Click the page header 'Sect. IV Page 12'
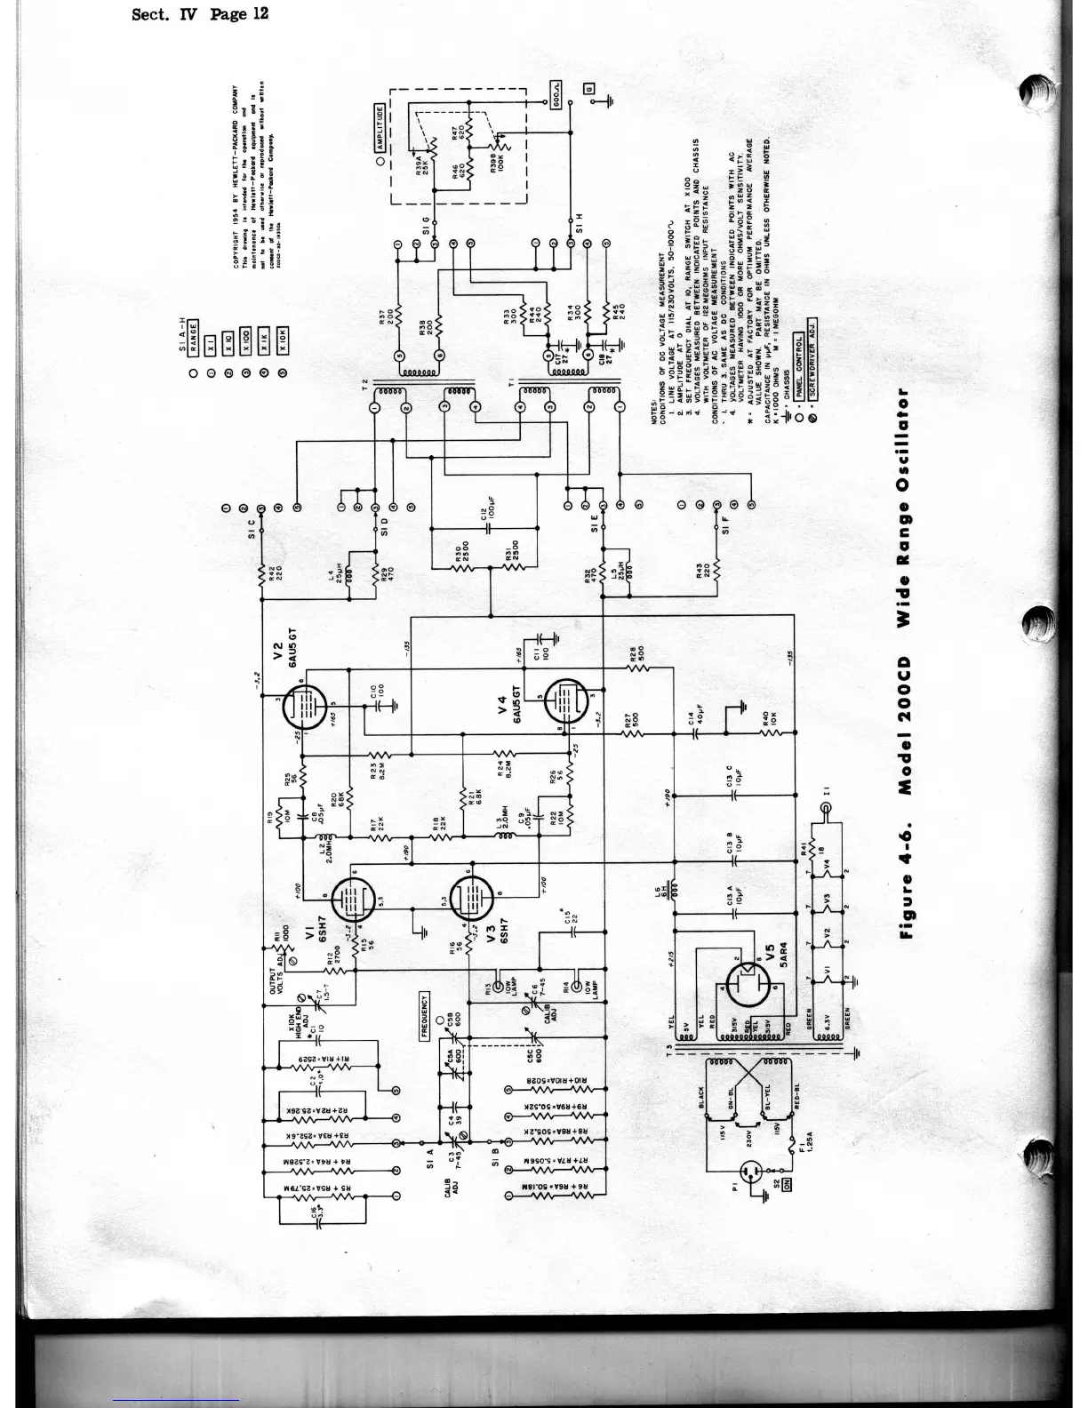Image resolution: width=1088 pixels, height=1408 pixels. pos(199,15)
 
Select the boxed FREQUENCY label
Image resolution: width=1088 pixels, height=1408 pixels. pos(425,1016)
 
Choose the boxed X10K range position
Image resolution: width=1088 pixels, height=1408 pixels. pos(284,346)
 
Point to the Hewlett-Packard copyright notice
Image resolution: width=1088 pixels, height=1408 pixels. pos(256,178)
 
